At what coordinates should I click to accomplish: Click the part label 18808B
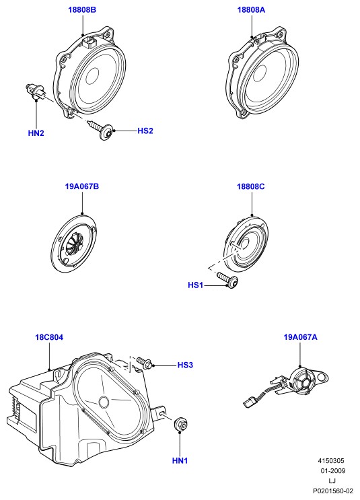coord(82,10)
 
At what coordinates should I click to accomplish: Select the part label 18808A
coord(251,10)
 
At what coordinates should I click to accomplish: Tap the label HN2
coord(36,133)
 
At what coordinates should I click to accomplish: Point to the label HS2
coord(145,131)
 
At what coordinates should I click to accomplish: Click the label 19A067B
coord(82,186)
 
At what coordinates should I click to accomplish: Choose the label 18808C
coord(250,186)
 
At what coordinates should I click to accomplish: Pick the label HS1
coord(195,285)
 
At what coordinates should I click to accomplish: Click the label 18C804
coord(49,337)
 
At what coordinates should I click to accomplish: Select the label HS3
coord(185,365)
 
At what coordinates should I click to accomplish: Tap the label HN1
coord(180,460)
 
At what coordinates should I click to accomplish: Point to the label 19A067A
coord(300,337)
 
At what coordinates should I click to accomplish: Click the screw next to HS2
coord(100,129)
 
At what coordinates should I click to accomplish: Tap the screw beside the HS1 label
coord(227,280)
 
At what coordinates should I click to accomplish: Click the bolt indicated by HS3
coord(145,363)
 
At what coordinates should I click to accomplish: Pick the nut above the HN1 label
coord(180,424)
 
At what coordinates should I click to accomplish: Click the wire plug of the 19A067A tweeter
coord(250,403)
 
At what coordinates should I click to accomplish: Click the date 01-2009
coord(333,470)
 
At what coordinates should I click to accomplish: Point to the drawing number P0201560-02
coord(333,491)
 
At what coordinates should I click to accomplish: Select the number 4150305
coord(331,461)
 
